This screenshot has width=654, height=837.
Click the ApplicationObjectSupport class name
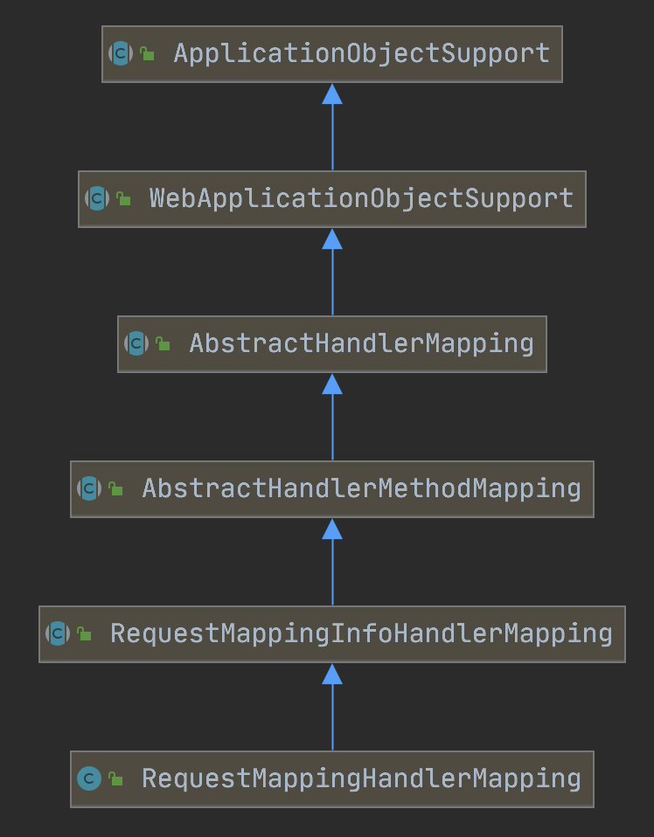(362, 53)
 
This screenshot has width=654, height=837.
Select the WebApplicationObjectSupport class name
(362, 198)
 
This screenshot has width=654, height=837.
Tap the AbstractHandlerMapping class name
(361, 343)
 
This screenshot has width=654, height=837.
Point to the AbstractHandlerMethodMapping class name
(361, 488)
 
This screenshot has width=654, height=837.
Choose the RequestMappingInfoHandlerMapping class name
(361, 633)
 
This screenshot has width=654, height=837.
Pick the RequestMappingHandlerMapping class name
(361, 778)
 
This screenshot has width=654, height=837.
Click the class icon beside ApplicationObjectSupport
(121, 53)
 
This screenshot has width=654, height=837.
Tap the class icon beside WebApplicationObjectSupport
(97, 198)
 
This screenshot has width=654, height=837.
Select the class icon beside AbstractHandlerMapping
(136, 343)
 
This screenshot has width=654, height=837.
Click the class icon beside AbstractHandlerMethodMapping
(89, 488)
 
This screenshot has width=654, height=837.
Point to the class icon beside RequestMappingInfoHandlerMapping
(58, 633)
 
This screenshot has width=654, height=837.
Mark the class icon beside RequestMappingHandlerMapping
(89, 778)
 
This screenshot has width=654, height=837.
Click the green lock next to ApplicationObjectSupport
(147, 54)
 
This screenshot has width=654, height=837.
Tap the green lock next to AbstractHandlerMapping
(163, 344)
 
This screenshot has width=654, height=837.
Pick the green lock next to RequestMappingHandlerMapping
(115, 779)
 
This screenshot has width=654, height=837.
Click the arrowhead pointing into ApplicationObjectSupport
(332, 94)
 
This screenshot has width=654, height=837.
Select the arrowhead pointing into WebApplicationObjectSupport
(332, 239)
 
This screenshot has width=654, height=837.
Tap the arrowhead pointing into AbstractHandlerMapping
(332, 384)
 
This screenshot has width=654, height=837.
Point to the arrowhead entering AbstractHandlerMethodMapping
(332, 529)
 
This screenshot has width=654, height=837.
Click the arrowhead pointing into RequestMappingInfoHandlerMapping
(332, 674)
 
